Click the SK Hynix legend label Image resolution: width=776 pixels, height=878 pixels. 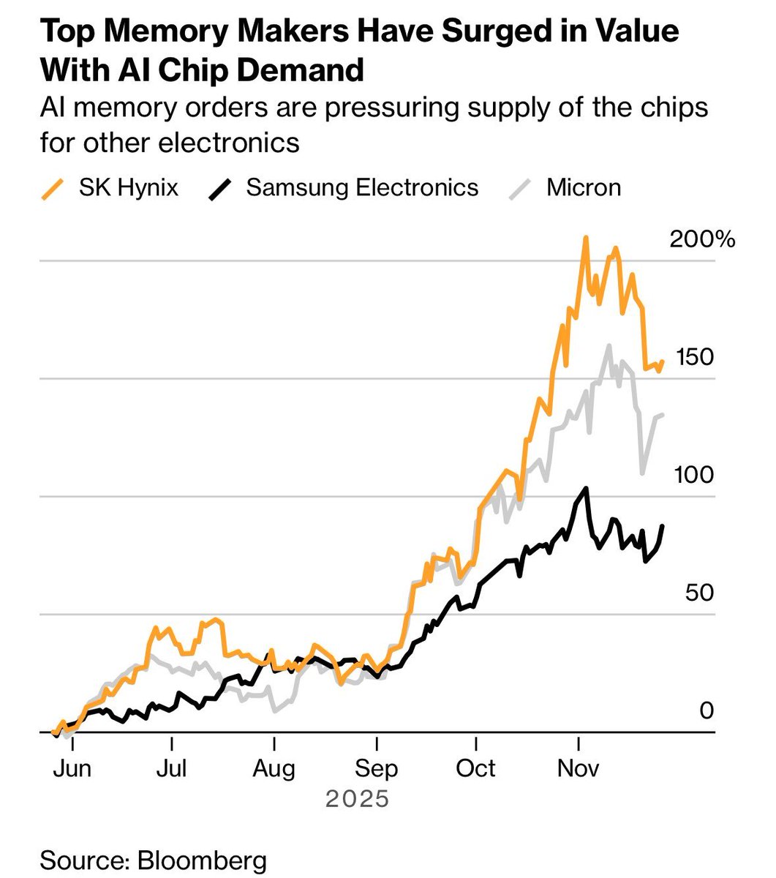(x=128, y=187)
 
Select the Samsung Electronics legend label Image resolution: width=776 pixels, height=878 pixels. (x=362, y=187)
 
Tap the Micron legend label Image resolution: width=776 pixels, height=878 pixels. (x=583, y=187)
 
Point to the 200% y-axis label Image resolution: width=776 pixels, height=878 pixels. (x=702, y=239)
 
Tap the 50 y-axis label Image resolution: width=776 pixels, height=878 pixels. (x=699, y=593)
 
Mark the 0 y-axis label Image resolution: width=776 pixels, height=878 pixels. (x=706, y=710)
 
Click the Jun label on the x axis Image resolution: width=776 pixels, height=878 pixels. (x=72, y=768)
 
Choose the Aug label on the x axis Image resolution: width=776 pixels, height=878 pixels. (x=274, y=768)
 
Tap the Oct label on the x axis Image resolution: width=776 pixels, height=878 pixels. (x=475, y=768)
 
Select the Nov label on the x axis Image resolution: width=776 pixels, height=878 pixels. (x=578, y=768)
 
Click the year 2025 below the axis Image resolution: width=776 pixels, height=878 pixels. (x=357, y=798)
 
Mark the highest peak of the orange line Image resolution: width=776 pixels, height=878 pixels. (x=585, y=238)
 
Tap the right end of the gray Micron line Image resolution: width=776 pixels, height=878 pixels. (x=663, y=415)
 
